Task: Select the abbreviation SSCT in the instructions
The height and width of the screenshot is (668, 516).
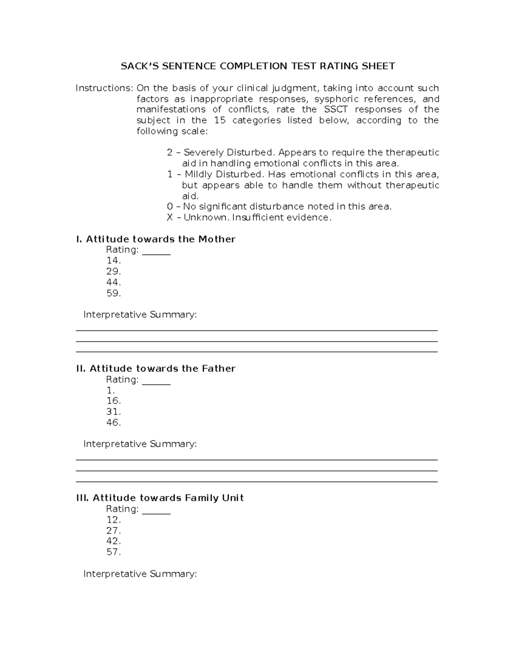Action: point(335,110)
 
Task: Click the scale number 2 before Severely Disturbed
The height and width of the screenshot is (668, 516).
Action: point(169,153)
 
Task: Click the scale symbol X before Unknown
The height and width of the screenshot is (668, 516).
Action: point(169,218)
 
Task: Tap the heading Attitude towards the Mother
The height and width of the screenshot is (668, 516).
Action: point(156,239)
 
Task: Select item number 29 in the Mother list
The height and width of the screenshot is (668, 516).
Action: point(114,272)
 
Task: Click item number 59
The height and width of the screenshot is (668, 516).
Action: point(114,293)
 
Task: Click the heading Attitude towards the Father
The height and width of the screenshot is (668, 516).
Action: point(156,369)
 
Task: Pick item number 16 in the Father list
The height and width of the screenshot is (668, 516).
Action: point(114,401)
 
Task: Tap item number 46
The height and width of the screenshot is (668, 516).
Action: point(114,423)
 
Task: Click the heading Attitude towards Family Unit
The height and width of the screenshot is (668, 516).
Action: point(160,498)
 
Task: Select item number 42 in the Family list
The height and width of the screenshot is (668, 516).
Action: point(114,541)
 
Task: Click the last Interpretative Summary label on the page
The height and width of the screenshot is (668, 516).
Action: point(140,574)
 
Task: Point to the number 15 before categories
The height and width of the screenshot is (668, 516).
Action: point(219,120)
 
